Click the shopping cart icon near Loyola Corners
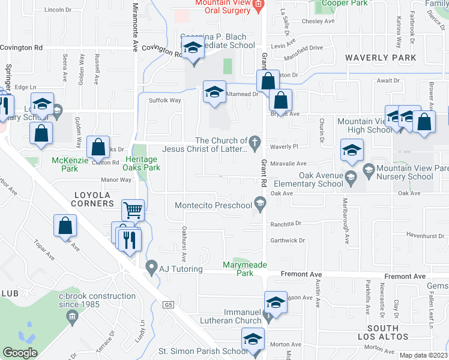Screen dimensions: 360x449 [x=133, y=210]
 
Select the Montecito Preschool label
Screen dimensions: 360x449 [x=213, y=206]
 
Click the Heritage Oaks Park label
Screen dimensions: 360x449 [x=143, y=163]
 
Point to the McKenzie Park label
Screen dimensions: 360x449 [x=65, y=164]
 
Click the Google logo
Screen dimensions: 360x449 [x=20, y=353]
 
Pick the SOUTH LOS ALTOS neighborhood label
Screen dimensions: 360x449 [x=383, y=332]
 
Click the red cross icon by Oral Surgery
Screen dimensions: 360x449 [x=259, y=6]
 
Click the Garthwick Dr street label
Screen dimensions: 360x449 [x=288, y=241]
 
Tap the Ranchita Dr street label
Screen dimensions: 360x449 [x=286, y=223]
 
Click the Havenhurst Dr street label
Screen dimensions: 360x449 [x=424, y=236]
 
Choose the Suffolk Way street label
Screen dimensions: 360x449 [x=164, y=100]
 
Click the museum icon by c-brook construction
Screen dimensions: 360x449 [x=72, y=316]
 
